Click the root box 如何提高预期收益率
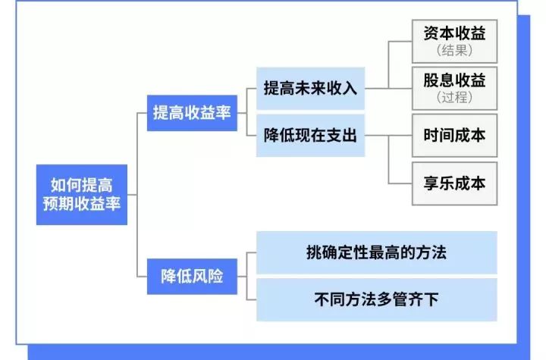click(82, 194)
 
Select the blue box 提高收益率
click(192, 114)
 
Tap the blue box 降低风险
click(192, 275)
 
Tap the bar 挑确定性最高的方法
click(376, 253)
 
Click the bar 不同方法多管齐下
click(376, 299)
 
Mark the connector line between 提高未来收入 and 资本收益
click(388, 64)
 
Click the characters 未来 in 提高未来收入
click(309, 87)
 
